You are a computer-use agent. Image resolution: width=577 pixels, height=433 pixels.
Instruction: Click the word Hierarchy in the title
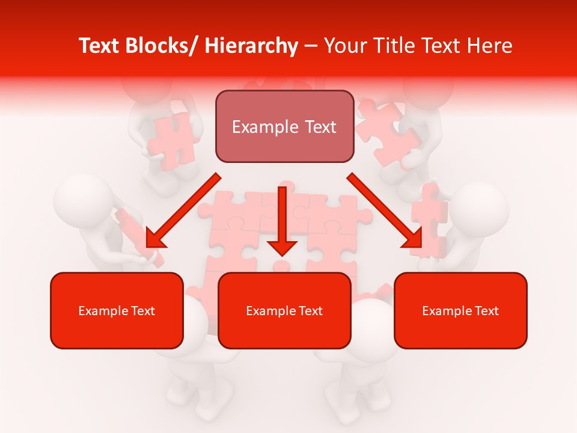(251, 46)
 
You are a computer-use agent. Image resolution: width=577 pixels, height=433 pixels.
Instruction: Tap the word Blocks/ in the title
(163, 46)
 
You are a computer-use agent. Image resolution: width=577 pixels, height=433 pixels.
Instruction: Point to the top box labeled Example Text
(284, 126)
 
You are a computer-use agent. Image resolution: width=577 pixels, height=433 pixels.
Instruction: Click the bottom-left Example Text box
(117, 310)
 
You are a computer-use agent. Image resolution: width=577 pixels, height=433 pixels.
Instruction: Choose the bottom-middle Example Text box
(284, 310)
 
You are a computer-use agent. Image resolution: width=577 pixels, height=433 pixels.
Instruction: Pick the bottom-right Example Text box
(460, 310)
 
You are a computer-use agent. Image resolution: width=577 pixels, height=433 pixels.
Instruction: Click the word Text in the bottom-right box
(487, 311)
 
